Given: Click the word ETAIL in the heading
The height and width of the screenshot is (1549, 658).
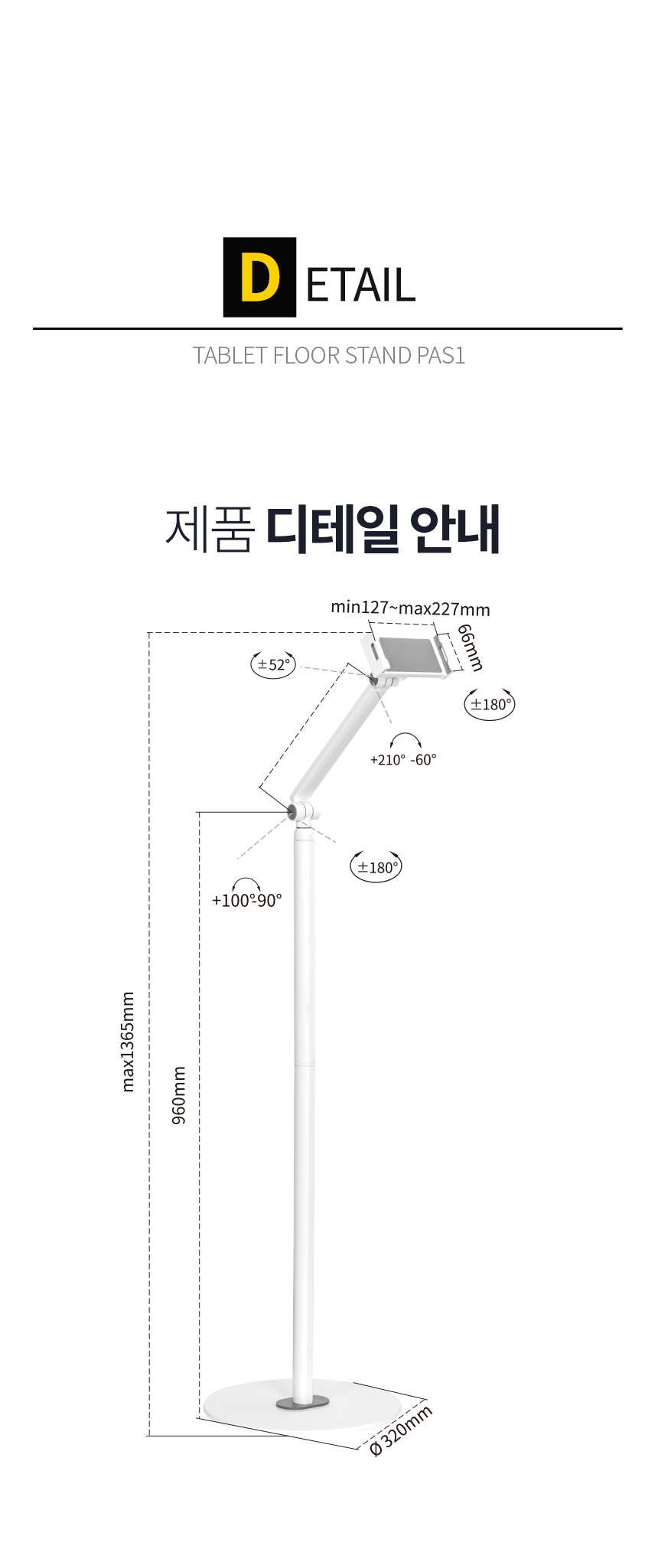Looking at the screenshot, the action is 360,283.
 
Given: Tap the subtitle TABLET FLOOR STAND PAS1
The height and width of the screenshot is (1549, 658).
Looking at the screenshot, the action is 329,355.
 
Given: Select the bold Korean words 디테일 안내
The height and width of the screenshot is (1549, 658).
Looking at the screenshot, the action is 383,528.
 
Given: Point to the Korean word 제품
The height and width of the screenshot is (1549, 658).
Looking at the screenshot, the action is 209,528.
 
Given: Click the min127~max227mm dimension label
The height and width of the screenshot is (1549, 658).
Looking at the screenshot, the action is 410,608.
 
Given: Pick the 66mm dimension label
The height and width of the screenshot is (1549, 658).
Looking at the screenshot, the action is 470,647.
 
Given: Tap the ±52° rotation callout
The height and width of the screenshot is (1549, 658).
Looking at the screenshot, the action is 273,664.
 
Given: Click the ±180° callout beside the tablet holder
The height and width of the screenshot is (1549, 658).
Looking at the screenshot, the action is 490,704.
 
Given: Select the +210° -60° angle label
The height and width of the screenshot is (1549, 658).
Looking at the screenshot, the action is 403,759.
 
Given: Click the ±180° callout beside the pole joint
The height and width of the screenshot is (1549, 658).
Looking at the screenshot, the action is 376,867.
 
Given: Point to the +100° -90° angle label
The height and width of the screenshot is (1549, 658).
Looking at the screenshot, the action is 246,901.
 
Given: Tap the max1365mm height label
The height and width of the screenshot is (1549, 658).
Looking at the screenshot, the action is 128,1042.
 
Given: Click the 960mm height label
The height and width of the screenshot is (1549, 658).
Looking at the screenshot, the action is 178,1095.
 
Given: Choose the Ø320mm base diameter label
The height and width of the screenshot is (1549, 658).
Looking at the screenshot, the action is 400,1430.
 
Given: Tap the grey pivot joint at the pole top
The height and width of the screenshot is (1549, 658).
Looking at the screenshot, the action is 294,811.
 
